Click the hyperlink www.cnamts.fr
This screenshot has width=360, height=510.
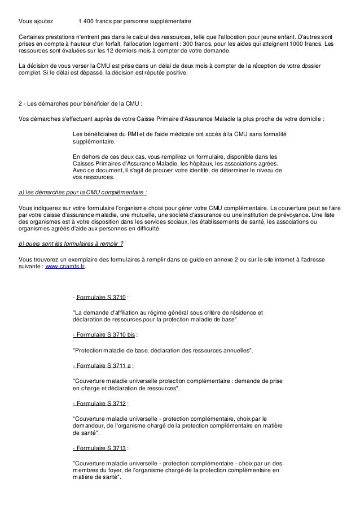tap(65, 265)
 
